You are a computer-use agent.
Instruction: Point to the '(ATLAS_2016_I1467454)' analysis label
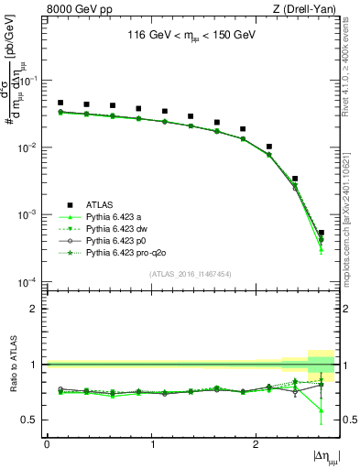point(191,273)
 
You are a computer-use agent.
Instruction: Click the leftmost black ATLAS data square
point(60,103)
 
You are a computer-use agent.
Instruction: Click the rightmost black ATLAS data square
point(321,233)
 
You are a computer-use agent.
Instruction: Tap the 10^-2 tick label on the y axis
point(28,147)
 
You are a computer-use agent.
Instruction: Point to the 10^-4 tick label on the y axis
point(28,281)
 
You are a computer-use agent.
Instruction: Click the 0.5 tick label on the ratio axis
point(32,420)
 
